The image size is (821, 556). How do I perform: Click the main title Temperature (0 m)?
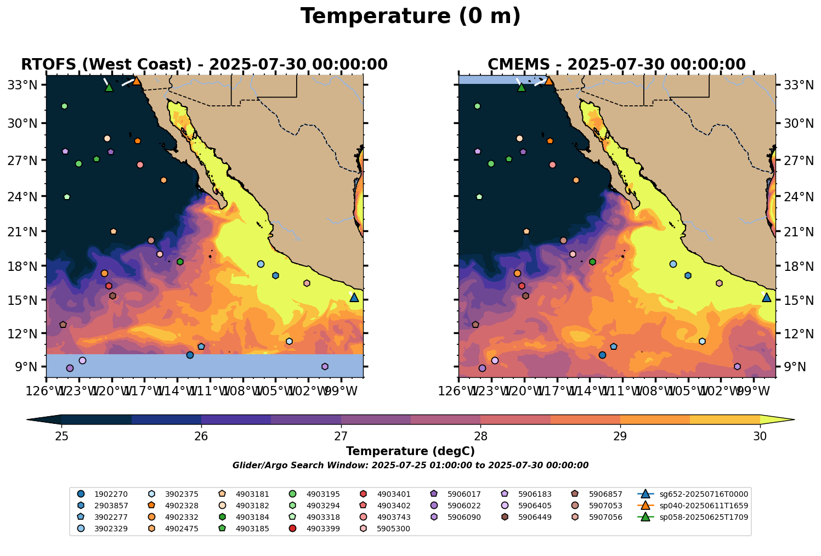[410, 16]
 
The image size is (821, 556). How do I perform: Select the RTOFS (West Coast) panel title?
[204, 65]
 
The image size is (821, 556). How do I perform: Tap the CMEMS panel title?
[616, 65]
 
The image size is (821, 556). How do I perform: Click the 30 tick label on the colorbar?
[760, 436]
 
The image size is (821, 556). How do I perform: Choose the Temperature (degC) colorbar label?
[410, 451]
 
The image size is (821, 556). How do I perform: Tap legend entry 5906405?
[530, 506]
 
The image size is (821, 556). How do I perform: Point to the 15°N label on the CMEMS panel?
[794, 300]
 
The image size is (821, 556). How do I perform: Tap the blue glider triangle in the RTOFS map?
[354, 298]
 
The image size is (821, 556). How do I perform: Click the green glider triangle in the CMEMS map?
[522, 87]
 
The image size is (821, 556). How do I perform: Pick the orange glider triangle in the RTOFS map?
[137, 81]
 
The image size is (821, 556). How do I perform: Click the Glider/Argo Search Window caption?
[410, 466]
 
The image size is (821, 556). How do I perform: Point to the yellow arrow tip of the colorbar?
[790, 420]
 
